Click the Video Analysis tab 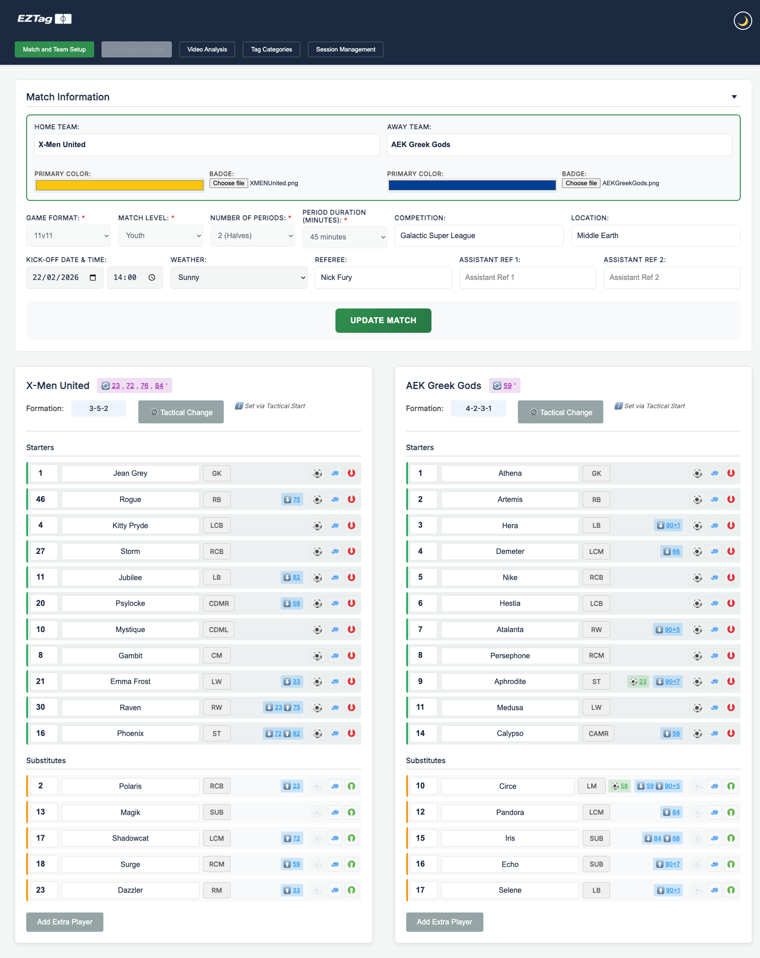click(207, 50)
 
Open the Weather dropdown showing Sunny click(238, 278)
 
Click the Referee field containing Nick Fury click(383, 278)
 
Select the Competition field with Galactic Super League click(478, 236)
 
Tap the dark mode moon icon click(742, 21)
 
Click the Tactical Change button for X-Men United click(181, 412)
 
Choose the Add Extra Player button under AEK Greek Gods click(444, 922)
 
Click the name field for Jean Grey click(130, 473)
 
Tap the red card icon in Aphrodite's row click(731, 681)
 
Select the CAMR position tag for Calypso click(598, 734)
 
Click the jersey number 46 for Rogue click(41, 499)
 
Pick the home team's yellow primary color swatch click(119, 185)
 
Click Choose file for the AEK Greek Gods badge click(581, 183)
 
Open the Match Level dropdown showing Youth click(160, 236)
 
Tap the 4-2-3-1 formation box click(478, 409)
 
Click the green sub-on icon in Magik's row click(352, 812)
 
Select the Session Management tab click(346, 50)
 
